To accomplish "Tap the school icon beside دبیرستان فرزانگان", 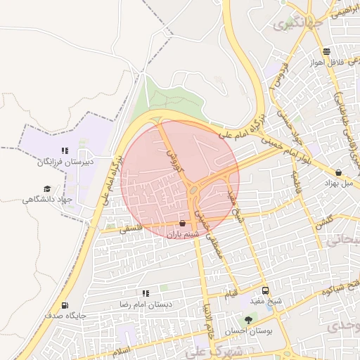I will coord(65,150).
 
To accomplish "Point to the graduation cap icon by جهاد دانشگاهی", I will coord(47,188).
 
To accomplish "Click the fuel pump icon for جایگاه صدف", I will coord(65,305).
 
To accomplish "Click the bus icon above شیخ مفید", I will coord(265,290).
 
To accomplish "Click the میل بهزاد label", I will coord(337,183).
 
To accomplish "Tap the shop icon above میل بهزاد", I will coord(339,172).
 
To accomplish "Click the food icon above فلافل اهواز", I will coord(326,51).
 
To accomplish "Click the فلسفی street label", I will coord(131,229).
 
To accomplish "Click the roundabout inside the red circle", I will coord(193,188).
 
